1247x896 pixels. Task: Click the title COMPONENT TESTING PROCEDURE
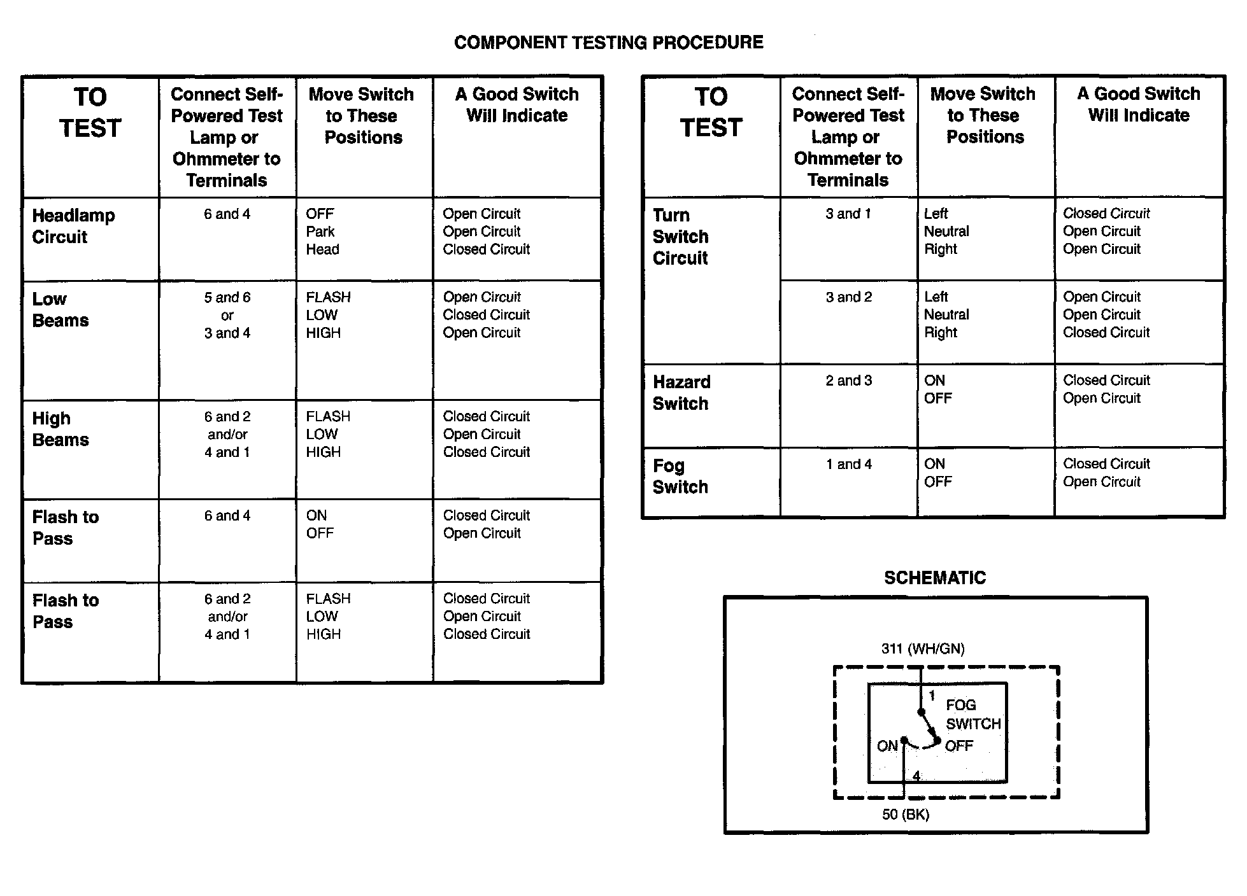(608, 43)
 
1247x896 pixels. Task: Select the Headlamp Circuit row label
(73, 226)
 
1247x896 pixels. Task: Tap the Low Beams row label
(61, 310)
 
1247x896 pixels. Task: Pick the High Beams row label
(61, 429)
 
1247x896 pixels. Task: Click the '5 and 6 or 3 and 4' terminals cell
(227, 315)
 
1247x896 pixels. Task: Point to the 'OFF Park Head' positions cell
(322, 232)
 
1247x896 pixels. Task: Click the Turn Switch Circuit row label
(680, 237)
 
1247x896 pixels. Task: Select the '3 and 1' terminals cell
(848, 214)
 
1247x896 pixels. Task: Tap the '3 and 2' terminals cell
(848, 297)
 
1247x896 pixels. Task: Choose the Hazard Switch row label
(681, 393)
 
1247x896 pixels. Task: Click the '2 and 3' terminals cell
(848, 381)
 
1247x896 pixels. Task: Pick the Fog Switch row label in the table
(680, 476)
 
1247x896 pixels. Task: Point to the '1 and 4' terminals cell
(848, 465)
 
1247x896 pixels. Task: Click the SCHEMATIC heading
(934, 578)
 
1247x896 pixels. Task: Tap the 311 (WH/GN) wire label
(923, 649)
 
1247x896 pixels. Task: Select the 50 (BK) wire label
(905, 815)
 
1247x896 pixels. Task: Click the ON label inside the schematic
(887, 746)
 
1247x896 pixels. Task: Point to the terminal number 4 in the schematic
(916, 776)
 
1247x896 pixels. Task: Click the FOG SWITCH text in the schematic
(973, 714)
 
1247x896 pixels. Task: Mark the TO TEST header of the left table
(90, 113)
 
